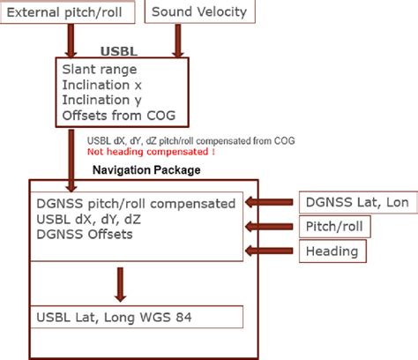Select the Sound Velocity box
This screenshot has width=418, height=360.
coord(200,13)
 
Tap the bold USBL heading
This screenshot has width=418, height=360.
coord(122,50)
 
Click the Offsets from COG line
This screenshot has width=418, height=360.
coord(116,116)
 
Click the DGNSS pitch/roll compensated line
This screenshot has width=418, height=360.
coord(136,203)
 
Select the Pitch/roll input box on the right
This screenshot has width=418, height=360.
coord(334,227)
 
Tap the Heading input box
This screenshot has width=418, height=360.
coord(332,251)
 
